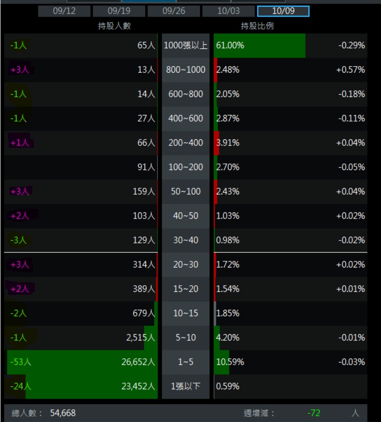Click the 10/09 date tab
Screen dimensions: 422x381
click(283, 11)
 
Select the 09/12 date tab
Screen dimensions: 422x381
click(64, 11)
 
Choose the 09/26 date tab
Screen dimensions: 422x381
click(173, 11)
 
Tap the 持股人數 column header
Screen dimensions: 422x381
click(114, 26)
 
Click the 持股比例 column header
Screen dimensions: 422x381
click(257, 26)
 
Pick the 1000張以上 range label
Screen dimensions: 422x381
click(186, 46)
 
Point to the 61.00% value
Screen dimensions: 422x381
click(230, 46)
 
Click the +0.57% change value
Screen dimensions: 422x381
click(351, 70)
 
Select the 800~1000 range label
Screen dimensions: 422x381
click(186, 70)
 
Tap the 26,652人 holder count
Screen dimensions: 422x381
click(138, 362)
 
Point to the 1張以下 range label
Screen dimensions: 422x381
click(186, 386)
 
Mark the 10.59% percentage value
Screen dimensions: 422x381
click(230, 362)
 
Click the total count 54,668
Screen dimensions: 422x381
click(63, 413)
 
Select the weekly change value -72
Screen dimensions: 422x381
click(314, 413)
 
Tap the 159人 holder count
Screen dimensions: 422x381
click(144, 192)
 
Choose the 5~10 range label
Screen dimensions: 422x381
click(186, 337)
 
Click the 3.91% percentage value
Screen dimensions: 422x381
click(228, 143)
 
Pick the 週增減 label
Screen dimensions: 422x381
click(260, 413)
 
